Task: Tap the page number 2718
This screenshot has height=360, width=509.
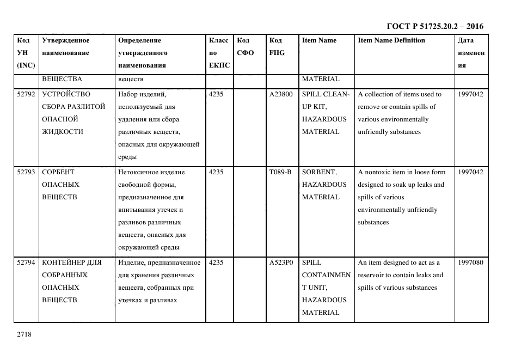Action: point(24,334)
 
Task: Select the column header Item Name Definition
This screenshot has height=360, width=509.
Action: point(391,40)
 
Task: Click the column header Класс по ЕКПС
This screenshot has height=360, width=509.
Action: point(219,53)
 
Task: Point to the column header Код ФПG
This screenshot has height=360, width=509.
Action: point(277,46)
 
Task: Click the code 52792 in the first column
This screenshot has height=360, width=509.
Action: point(26,94)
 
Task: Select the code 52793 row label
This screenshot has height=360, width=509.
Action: point(26,172)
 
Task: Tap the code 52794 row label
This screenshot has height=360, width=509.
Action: point(26,263)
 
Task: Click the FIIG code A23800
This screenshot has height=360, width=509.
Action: point(281,94)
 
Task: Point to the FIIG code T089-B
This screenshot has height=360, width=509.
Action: point(280,172)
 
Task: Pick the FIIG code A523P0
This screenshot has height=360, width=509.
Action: point(281,263)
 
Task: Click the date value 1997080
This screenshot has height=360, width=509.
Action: point(470,263)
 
